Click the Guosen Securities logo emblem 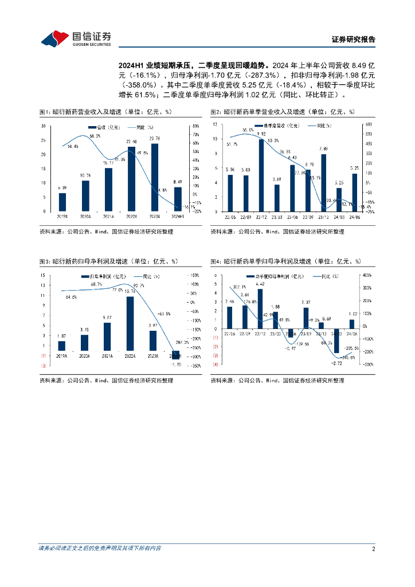coord(53,38)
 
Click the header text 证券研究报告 coord(354,40)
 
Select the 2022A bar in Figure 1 coord(131,179)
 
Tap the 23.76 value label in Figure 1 coord(155,138)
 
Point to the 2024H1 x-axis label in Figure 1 coord(177,216)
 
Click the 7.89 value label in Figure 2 coord(323,149)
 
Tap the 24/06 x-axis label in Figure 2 coord(354,216)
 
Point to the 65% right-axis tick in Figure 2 coord(370,124)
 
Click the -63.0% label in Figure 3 coord(164,314)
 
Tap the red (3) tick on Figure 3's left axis coord(44,365)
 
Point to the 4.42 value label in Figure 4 coord(260,284)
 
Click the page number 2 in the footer coord(373,549)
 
